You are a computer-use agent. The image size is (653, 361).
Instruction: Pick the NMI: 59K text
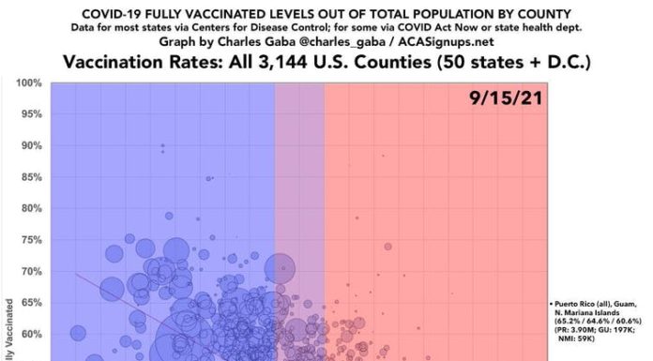click(x=568, y=355)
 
